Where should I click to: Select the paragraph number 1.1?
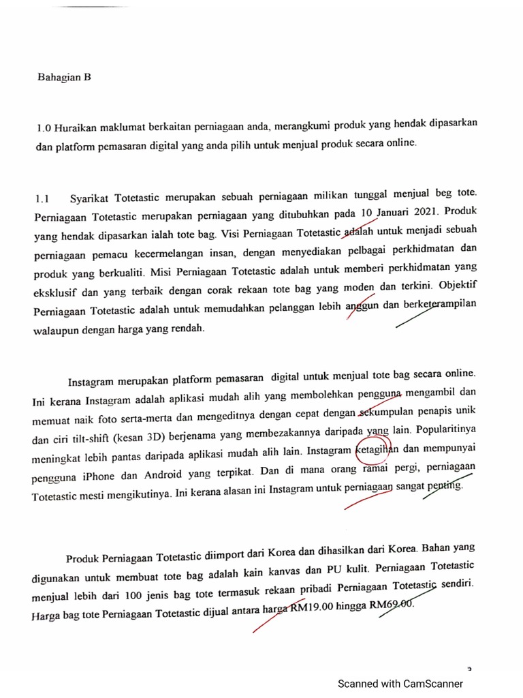coord(43,199)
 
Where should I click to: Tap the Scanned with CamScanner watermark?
coord(400,684)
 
